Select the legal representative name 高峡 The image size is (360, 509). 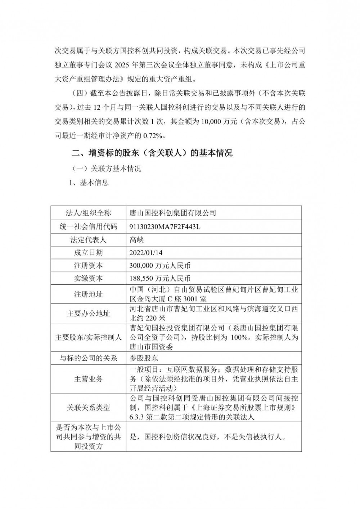[136, 240]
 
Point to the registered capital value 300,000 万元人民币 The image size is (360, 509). [160, 266]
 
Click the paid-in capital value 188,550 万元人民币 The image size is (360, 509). [160, 279]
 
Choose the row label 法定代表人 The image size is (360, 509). [88, 240]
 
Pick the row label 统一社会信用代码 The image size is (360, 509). [88, 226]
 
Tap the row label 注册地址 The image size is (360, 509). [88, 294]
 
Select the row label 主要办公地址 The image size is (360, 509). [88, 314]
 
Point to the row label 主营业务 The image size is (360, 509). [88, 379]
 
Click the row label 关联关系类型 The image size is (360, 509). [88, 408]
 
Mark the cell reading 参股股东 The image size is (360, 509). [144, 358]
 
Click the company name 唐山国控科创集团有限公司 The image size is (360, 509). [172, 213]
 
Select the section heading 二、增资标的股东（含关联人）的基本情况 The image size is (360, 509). [152, 153]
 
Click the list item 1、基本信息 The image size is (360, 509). [89, 183]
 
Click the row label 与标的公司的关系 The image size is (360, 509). [88, 358]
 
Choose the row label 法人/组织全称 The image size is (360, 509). [88, 213]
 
